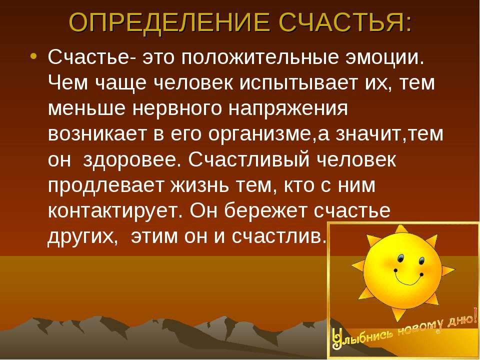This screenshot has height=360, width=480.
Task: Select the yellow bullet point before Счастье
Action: [33, 56]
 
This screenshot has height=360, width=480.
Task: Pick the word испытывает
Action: [298, 83]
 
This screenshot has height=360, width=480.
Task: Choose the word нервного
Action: [177, 108]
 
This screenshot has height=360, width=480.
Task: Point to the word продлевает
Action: [106, 185]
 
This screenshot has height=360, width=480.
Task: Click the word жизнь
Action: [200, 185]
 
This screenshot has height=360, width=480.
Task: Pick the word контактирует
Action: [115, 211]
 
